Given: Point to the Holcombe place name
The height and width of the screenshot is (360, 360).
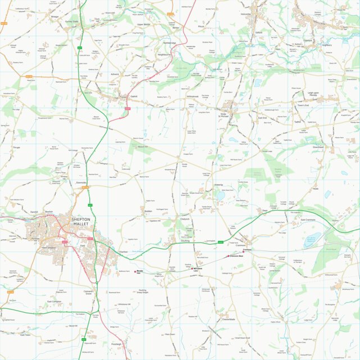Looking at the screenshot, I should coord(245,14).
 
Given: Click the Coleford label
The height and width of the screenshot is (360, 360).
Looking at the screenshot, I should coord(307,40).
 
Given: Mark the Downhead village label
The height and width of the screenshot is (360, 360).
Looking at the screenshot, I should coord(318,147).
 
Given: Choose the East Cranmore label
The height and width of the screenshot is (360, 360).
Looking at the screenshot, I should coord(308,220).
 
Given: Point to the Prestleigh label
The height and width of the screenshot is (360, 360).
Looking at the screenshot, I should coord(116,344).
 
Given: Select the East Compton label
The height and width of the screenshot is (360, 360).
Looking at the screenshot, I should coord(53,302).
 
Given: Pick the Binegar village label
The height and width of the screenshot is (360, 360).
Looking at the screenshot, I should coord(55,17).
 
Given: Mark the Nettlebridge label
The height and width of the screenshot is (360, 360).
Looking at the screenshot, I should coord(170,43).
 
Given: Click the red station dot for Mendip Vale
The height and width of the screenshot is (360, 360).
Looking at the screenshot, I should coord(137,271).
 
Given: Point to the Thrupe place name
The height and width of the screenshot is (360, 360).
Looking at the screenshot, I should coord(15,148).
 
